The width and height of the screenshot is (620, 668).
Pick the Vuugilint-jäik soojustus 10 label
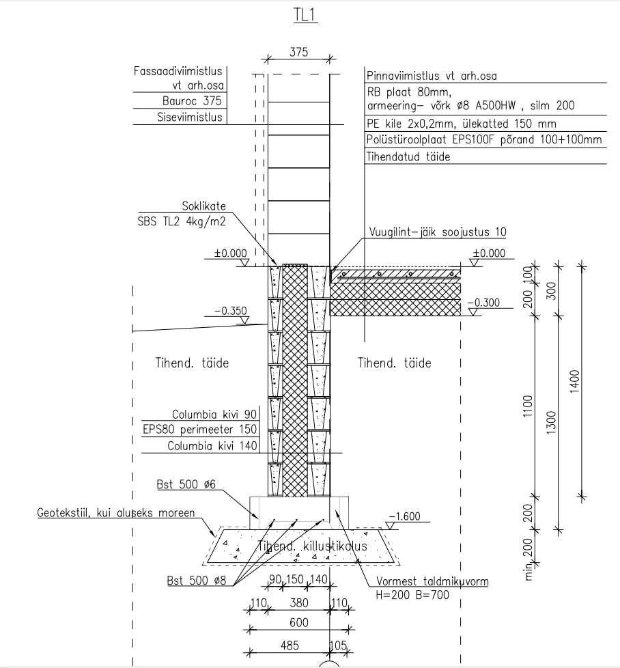coord(438,232)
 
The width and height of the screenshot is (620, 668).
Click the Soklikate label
coord(203,207)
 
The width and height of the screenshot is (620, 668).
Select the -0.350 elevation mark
coord(230,311)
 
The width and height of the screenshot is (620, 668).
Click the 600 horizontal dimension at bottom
coord(298,623)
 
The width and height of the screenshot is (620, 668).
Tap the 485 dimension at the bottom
coord(290,645)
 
